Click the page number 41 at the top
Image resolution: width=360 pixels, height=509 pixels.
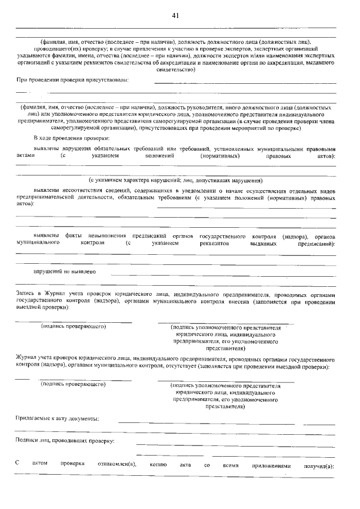175,16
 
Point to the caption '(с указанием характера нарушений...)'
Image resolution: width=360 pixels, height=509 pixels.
175,181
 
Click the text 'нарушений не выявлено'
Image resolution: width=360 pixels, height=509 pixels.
64,271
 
